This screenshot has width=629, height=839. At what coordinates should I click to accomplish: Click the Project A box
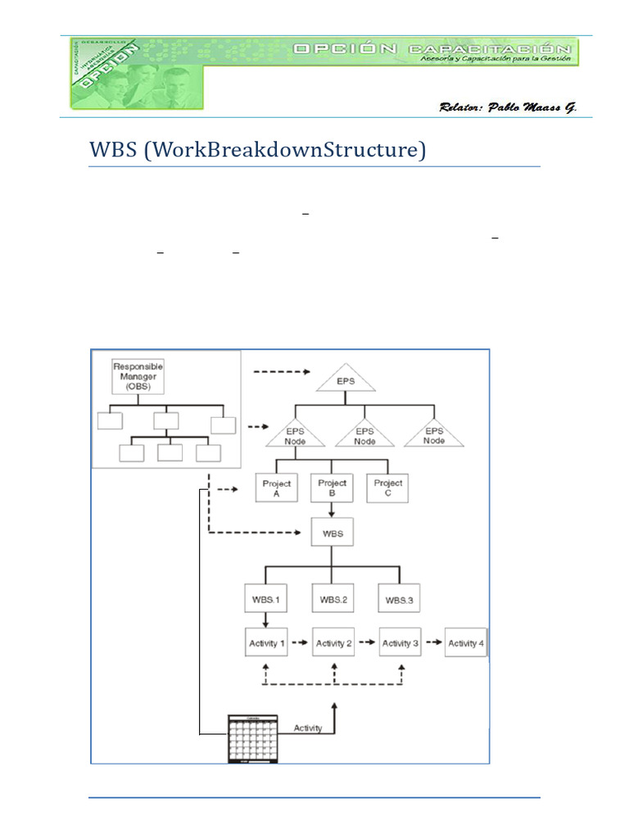tap(277, 488)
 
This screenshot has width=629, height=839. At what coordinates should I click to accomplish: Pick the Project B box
tap(332, 488)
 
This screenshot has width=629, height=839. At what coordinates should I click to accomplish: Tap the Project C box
tap(387, 488)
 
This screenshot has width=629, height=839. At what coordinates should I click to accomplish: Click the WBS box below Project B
tap(332, 534)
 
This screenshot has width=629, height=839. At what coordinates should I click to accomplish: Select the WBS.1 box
tap(265, 599)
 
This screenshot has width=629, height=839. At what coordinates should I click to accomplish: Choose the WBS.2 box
tap(333, 599)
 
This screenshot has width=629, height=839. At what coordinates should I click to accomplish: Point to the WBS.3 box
tap(399, 599)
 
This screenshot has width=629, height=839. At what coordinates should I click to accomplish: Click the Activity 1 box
tap(267, 643)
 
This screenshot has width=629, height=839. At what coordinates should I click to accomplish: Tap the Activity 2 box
tap(333, 643)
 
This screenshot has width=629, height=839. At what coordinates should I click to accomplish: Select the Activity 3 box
tap(400, 643)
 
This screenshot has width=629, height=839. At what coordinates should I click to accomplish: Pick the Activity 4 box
tap(465, 643)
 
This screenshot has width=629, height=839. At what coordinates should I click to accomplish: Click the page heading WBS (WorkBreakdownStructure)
tap(257, 152)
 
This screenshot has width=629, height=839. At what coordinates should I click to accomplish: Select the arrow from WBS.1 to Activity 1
tap(265, 620)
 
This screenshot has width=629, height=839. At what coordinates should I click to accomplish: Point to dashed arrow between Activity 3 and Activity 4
tap(432, 643)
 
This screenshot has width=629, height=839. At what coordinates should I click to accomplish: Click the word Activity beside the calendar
tap(307, 728)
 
